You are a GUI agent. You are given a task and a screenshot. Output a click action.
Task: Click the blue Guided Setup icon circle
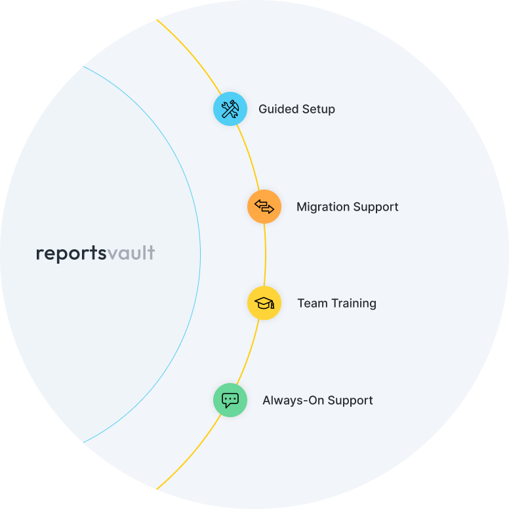click(230, 109)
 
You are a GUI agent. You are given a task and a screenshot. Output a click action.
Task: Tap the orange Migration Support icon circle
click(264, 207)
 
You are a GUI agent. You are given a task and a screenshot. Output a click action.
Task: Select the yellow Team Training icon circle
click(264, 303)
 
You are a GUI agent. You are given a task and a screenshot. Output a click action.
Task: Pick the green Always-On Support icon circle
click(230, 400)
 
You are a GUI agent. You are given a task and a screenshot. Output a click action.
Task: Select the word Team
click(312, 303)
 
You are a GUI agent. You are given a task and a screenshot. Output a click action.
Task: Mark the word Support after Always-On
click(350, 401)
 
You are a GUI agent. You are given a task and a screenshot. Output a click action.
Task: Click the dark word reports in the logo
click(71, 254)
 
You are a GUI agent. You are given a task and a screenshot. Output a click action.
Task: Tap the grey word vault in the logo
click(131, 253)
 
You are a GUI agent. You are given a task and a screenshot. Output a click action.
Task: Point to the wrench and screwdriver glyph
click(230, 109)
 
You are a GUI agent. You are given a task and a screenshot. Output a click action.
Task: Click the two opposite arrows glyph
click(264, 207)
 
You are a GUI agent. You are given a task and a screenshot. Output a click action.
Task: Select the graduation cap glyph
click(264, 303)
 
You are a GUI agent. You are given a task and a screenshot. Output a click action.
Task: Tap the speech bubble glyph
click(230, 400)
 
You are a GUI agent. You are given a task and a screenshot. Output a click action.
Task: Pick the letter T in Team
click(301, 303)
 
